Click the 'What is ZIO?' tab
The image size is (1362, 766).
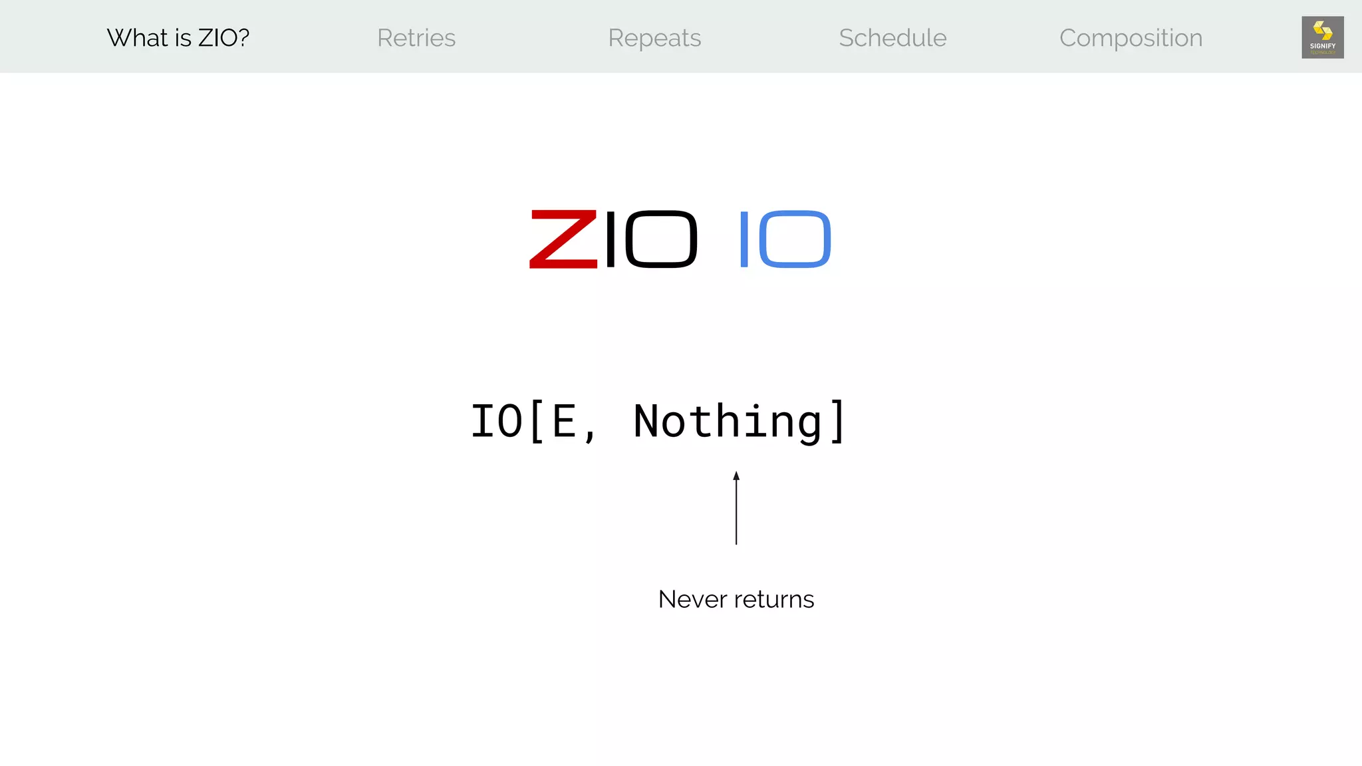[178, 38]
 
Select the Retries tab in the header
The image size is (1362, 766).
[416, 38]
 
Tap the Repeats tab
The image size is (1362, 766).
[654, 38]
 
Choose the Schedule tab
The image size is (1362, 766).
[892, 38]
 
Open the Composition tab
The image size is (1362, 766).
[1131, 38]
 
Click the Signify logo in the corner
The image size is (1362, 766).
[1322, 37]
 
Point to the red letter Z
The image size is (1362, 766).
[563, 239]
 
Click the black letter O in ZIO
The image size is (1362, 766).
[661, 239]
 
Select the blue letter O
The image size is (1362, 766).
[795, 239]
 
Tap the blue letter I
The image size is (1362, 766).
[744, 239]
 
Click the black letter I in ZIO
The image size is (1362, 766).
[611, 239]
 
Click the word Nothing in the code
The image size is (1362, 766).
[728, 422]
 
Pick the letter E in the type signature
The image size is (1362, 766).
[564, 422]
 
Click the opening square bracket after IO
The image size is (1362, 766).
[537, 422]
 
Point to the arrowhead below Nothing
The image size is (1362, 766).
[736, 475]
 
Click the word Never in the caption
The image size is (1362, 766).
[692, 599]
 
